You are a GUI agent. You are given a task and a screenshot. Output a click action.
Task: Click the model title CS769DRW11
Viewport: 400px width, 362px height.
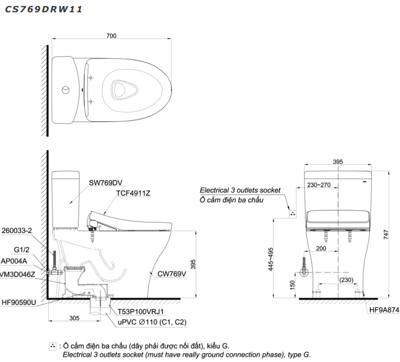[x=43, y=9]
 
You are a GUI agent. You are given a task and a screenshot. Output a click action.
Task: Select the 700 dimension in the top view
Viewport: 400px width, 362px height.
[x=111, y=35]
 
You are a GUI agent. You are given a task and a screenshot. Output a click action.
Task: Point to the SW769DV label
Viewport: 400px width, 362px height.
[x=105, y=183]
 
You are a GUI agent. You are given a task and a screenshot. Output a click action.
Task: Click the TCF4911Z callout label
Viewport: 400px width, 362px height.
[x=133, y=193]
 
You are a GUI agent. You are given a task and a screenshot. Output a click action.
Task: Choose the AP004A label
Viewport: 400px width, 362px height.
[x=15, y=262]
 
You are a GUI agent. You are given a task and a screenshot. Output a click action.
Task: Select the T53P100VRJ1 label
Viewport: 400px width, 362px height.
[x=141, y=312]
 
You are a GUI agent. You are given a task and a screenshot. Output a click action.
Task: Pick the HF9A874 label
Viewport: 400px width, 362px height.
[x=384, y=311]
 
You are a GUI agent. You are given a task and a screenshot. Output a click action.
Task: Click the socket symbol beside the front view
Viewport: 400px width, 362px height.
[x=292, y=214]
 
